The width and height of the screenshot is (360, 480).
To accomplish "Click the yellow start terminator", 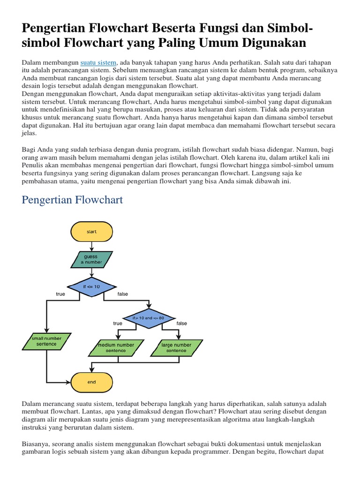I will tap(91, 232).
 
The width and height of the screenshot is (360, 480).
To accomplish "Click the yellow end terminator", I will tap(91, 382).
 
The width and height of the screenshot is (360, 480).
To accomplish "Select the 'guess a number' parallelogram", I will tap(91, 259).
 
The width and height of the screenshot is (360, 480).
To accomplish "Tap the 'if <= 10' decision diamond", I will tap(91, 286).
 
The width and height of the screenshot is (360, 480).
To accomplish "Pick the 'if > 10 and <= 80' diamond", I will tap(148, 318).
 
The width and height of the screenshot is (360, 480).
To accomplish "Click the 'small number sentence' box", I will tap(46, 341).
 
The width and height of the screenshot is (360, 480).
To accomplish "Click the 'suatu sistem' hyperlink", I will tap(98, 62).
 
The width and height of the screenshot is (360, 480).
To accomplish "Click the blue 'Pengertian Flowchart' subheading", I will tap(73, 200).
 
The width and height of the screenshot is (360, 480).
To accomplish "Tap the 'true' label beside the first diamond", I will tap(60, 294).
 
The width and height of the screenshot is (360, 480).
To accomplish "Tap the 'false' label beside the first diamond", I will tap(122, 294).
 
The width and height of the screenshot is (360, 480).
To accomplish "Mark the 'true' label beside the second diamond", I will tap(118, 323).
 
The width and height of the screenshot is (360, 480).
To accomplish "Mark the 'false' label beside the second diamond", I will tap(181, 323).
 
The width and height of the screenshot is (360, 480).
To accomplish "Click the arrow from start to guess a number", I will tap(91, 246).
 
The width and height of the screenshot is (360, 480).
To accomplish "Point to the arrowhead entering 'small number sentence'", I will tap(46, 330).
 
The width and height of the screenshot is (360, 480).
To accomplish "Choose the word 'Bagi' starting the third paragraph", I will tap(29, 149).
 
